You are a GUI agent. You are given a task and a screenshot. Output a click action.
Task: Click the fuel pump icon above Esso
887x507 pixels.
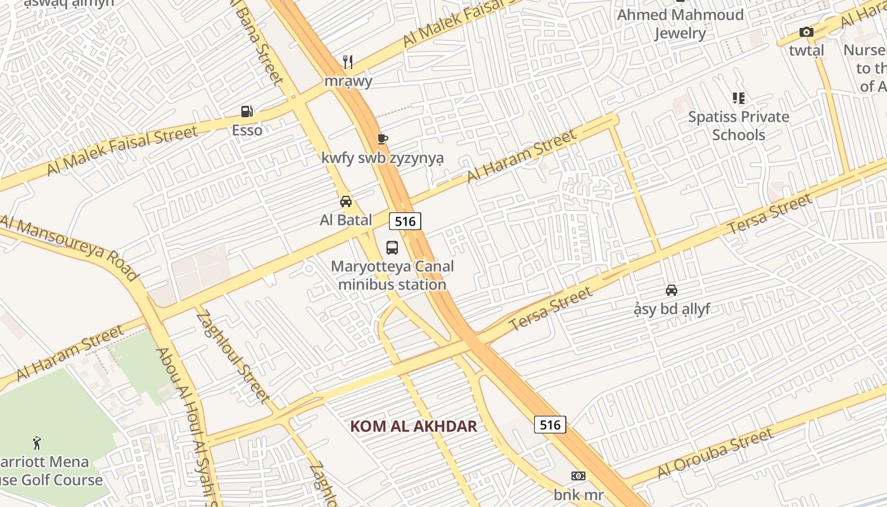pyautogui.click(x=246, y=112)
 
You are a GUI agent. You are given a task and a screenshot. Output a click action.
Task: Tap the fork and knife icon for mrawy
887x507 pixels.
pyautogui.click(x=347, y=61)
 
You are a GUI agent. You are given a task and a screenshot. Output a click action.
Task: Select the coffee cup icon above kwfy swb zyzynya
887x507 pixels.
pyautogui.click(x=382, y=139)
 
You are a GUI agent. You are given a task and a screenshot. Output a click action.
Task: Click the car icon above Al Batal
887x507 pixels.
pyautogui.click(x=346, y=202)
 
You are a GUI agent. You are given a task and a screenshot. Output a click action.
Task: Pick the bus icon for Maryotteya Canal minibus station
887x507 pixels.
pyautogui.click(x=392, y=248)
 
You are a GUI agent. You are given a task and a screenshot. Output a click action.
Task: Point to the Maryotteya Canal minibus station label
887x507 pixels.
pyautogui.click(x=392, y=275)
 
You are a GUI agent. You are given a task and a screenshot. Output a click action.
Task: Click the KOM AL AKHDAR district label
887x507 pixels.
pyautogui.click(x=413, y=426)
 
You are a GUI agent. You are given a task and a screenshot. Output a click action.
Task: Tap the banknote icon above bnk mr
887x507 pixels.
pyautogui.click(x=578, y=476)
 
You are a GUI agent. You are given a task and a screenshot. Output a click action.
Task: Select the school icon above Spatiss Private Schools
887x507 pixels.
pyautogui.click(x=738, y=98)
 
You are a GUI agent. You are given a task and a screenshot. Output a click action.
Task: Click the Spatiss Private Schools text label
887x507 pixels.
pyautogui.click(x=738, y=125)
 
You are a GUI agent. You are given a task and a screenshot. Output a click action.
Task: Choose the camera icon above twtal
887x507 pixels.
pyautogui.click(x=806, y=32)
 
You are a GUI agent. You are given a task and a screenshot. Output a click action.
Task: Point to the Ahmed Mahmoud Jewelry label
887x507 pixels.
pyautogui.click(x=680, y=24)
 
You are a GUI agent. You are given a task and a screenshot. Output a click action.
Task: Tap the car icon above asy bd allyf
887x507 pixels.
pyautogui.click(x=672, y=290)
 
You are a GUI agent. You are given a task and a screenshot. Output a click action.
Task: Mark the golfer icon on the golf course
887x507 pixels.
pyautogui.click(x=37, y=442)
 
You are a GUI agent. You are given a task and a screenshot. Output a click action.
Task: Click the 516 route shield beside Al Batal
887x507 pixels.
pyautogui.click(x=405, y=221)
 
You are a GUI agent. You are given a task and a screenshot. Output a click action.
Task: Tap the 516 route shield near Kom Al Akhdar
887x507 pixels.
pyautogui.click(x=549, y=425)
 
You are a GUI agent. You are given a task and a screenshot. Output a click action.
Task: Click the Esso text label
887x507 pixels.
pyautogui.click(x=246, y=130)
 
